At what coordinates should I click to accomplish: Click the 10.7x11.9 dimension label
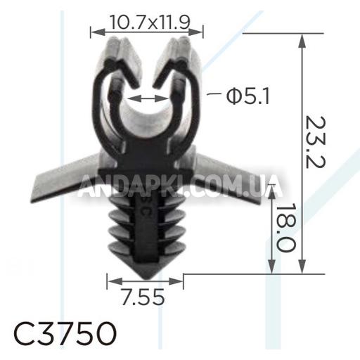(150, 22)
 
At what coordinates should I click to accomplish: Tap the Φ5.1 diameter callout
(248, 96)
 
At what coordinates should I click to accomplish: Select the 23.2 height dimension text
(316, 142)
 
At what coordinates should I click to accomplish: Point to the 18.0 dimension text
(285, 228)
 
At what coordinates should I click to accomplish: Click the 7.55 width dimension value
(143, 297)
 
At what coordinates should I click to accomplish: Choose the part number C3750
(65, 333)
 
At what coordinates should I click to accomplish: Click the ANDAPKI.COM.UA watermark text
(180, 186)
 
